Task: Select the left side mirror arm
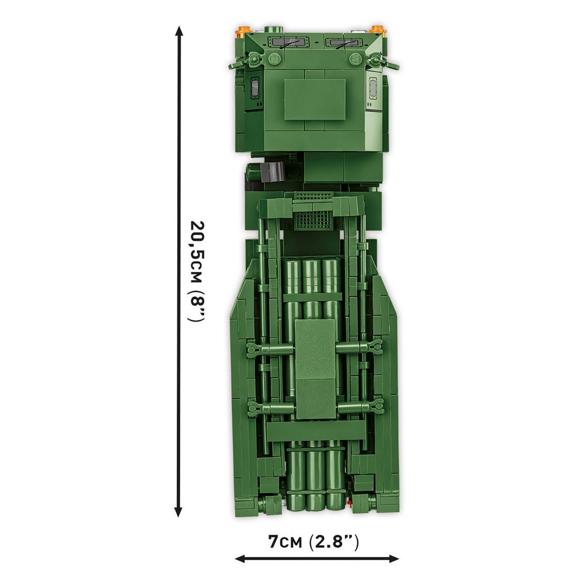pyautogui.click(x=241, y=63)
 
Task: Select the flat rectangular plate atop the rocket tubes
pyautogui.click(x=315, y=368)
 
